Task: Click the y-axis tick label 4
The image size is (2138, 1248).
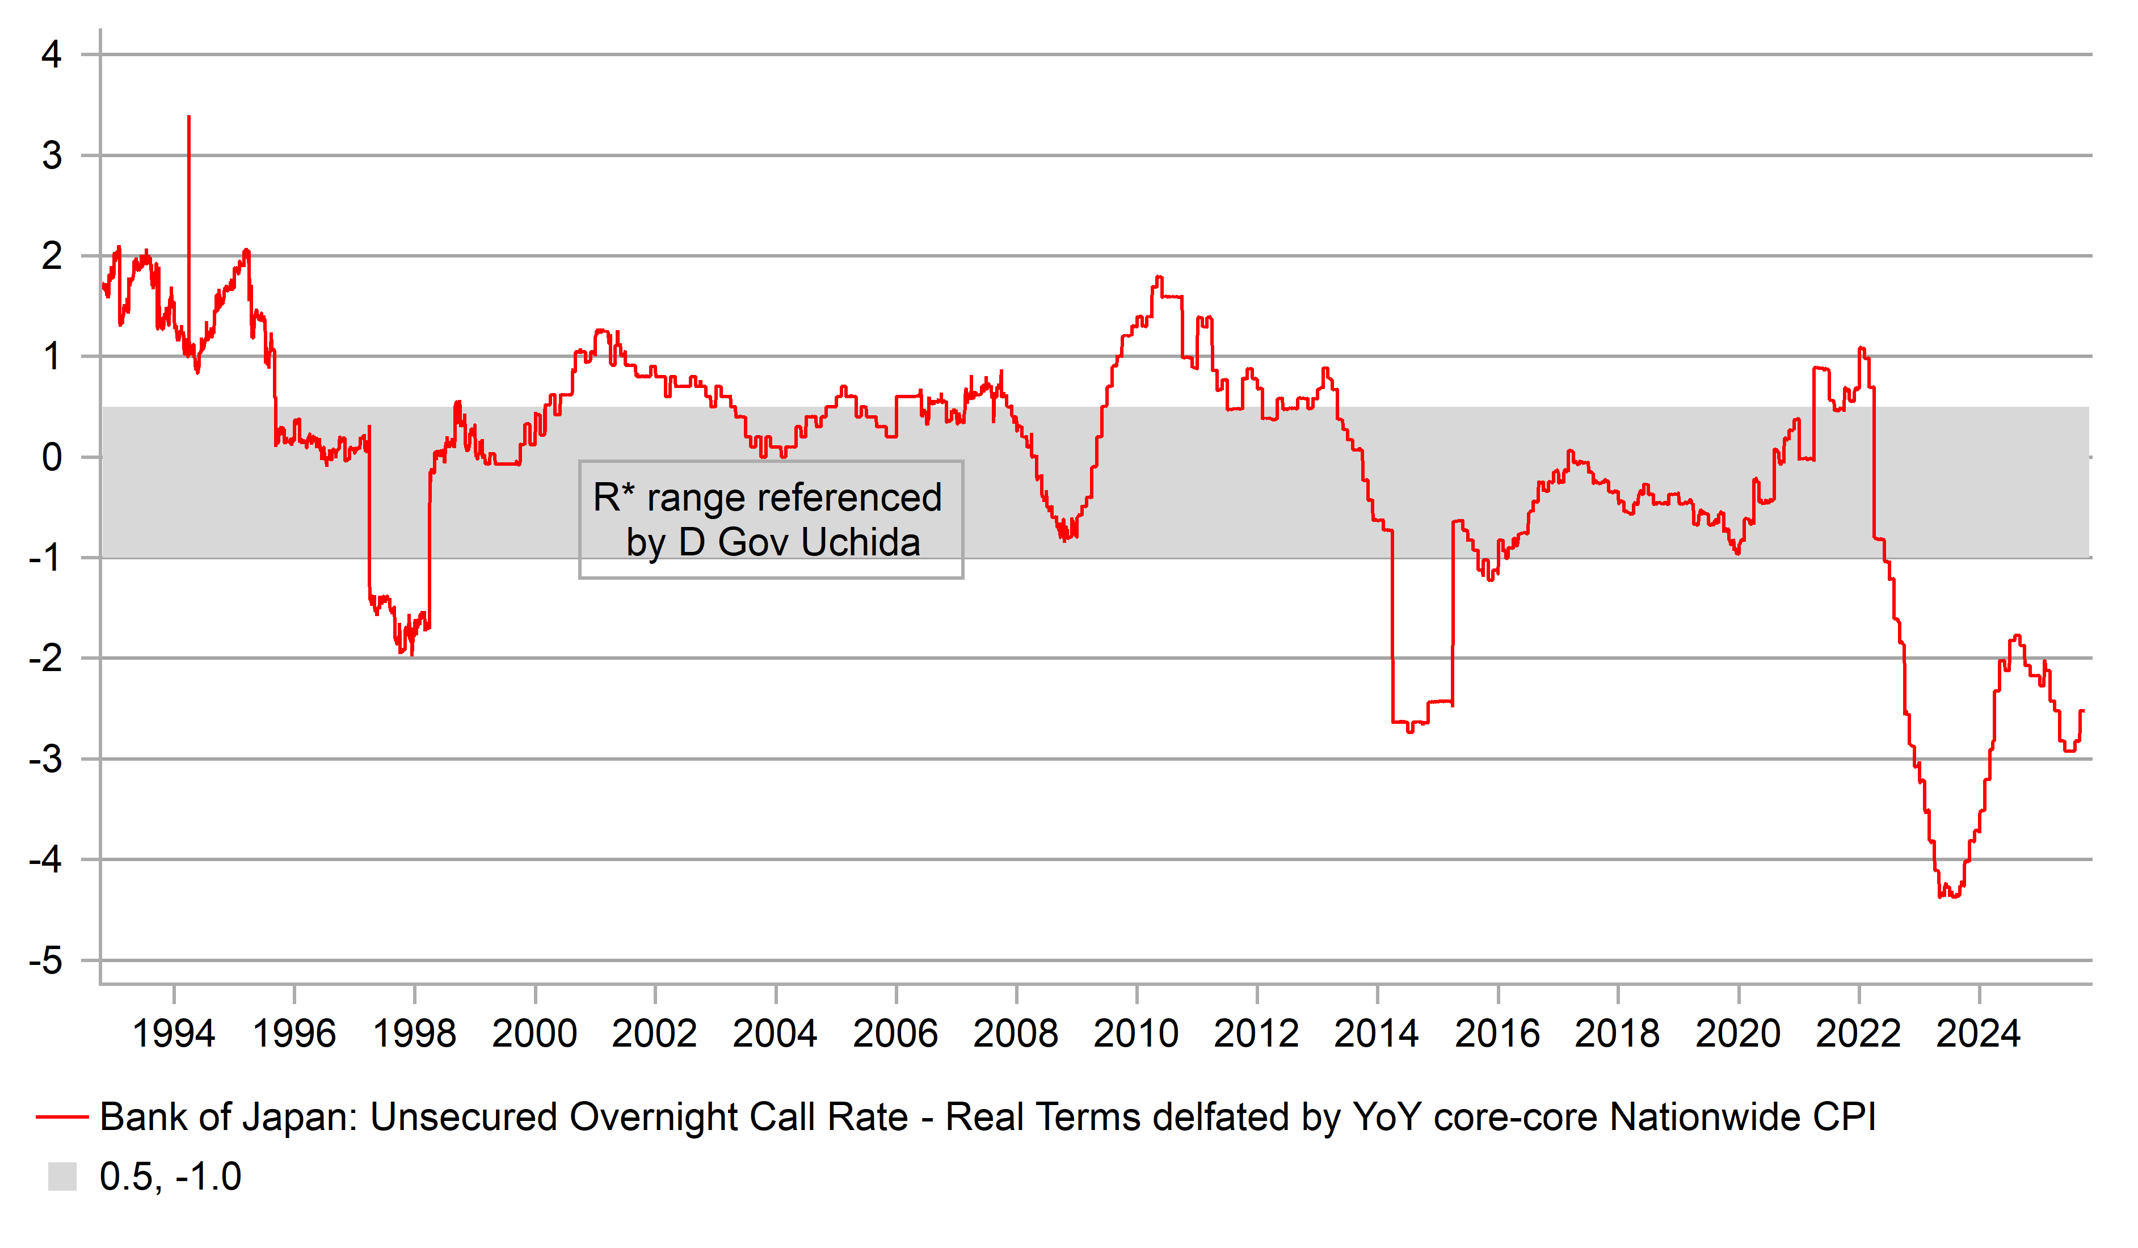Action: coord(52,55)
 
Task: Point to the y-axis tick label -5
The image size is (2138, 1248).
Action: coord(46,961)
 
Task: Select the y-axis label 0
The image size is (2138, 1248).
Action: coord(52,458)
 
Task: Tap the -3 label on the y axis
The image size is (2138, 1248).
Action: coord(46,760)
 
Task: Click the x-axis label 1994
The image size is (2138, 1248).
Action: coord(174,1034)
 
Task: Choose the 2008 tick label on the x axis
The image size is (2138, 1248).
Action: coord(1016,1034)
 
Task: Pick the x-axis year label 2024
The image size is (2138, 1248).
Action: coord(1979,1034)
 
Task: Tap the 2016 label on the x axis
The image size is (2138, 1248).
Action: coord(1497,1034)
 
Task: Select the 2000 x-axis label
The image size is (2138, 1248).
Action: coord(534,1034)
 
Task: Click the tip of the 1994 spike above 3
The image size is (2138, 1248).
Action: coord(188,117)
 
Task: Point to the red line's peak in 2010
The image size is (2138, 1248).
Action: coord(1159,277)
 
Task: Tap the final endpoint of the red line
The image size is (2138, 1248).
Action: coord(2084,711)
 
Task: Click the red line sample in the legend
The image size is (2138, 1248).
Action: coord(62,1118)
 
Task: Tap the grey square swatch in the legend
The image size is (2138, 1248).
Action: coord(62,1177)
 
